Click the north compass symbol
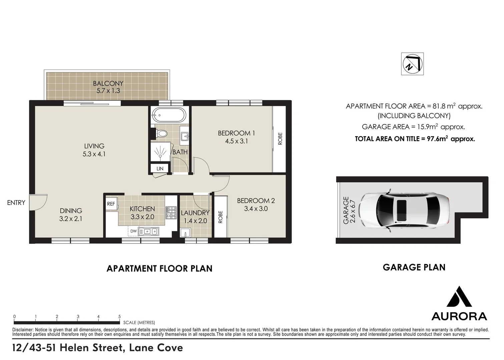coord(413,64)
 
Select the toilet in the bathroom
coord(162,134)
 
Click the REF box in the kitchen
coord(111,204)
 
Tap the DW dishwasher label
coord(133,231)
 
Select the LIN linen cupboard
coord(160,169)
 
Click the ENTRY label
coord(16,202)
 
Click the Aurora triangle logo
coord(459,297)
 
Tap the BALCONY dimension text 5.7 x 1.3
coord(108,91)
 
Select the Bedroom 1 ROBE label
coord(280,139)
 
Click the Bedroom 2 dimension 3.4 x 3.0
coord(256,209)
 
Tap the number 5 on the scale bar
coord(119,317)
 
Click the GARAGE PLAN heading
coord(414,267)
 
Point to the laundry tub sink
coord(185,232)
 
